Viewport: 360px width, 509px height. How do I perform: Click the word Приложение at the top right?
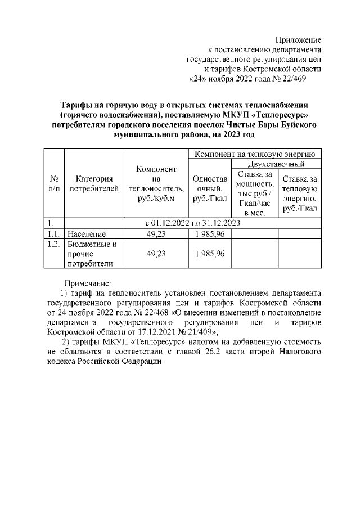pyautogui.click(x=298, y=40)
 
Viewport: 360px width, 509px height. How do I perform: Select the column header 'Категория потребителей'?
pyautogui.click(x=94, y=183)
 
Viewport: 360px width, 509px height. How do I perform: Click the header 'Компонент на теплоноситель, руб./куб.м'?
pyautogui.click(x=156, y=183)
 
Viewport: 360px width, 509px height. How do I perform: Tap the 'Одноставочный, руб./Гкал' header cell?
pyautogui.click(x=209, y=188)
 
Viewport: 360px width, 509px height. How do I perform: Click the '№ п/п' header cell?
pyautogui.click(x=55, y=183)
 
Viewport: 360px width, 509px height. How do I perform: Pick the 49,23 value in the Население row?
pyautogui.click(x=156, y=234)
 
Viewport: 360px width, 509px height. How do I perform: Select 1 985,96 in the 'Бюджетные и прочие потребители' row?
pyautogui.click(x=209, y=254)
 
